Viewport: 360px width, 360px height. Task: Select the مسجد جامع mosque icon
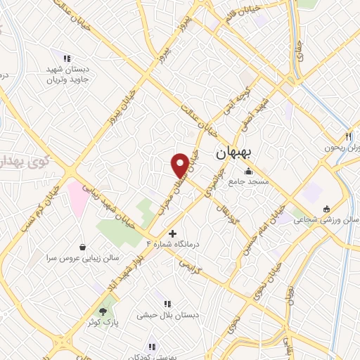248,171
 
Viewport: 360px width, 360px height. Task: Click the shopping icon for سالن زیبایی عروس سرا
84,247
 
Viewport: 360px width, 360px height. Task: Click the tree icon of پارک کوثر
104,309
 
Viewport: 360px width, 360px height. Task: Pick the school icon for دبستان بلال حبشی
167,304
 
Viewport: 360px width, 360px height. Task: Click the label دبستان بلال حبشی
172,315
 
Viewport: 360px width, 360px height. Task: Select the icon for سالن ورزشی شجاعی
326,209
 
